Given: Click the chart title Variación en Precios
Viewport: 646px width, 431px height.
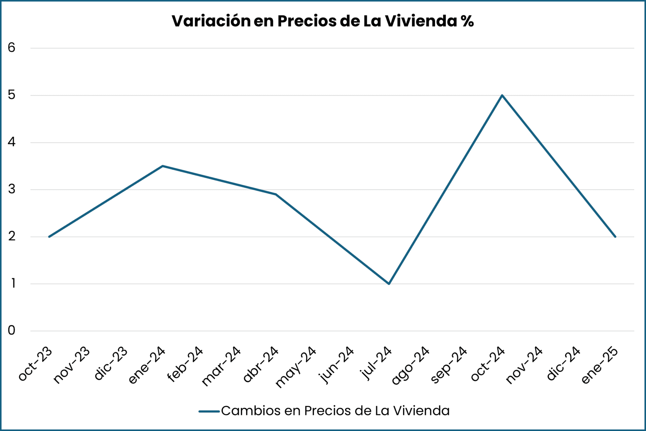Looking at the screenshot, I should (322, 21).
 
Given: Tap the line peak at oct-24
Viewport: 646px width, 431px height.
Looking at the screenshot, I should (502, 95).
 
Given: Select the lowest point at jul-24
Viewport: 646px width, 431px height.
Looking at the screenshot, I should (389, 284).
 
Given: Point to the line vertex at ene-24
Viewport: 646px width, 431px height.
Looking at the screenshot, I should (163, 166).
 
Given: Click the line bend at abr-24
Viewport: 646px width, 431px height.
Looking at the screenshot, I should (276, 194).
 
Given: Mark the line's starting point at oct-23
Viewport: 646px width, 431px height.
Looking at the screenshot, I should (49, 237).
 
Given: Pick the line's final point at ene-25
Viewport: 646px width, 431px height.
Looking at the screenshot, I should (615, 237).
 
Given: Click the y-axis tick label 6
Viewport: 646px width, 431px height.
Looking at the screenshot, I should (11, 48).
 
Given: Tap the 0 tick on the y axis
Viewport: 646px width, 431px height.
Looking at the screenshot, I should (11, 330).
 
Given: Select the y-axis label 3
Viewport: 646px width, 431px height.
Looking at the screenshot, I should (11, 189).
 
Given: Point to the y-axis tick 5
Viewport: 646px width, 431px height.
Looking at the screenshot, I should (11, 95).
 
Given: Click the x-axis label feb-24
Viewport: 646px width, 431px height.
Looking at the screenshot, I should (185, 364).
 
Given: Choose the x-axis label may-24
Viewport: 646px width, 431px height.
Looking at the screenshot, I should (296, 367).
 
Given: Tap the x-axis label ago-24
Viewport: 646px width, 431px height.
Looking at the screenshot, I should (410, 365).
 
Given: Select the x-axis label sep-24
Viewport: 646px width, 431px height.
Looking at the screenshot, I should (448, 365).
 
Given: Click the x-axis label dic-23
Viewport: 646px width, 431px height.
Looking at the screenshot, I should (111, 363).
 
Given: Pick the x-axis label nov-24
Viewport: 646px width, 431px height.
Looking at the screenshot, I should (524, 365).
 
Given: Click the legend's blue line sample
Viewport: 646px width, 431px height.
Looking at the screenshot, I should (209, 411).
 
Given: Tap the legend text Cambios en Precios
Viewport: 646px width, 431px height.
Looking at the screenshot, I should (335, 411).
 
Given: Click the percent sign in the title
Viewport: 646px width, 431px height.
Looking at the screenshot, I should (467, 21).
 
